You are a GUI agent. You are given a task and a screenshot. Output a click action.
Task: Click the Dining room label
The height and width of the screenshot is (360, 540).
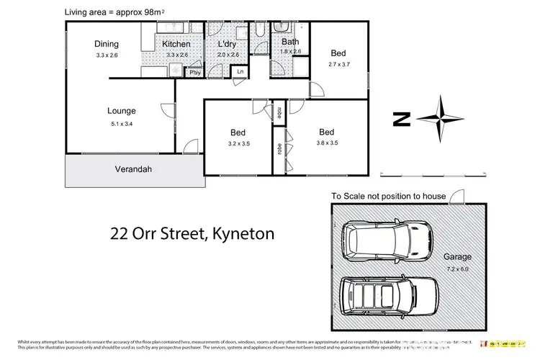106,43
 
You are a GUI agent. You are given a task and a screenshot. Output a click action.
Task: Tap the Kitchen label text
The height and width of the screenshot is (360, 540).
176,44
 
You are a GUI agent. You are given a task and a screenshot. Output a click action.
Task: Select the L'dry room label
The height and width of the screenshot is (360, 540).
228,44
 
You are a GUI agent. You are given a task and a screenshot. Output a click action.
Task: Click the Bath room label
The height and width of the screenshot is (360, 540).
289,41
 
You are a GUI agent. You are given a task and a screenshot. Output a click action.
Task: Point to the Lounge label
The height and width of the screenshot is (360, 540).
122,111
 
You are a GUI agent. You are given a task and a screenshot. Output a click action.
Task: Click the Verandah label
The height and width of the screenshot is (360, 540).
133,170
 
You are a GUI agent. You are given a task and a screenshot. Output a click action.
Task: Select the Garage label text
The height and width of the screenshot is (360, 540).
457,256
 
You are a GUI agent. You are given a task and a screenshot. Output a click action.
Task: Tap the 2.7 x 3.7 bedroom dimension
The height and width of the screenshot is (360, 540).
338,64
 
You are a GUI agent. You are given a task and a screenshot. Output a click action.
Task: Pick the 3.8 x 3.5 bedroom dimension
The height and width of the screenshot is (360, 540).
326,143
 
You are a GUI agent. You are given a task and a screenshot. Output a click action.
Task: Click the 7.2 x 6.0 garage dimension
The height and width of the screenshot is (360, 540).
457,268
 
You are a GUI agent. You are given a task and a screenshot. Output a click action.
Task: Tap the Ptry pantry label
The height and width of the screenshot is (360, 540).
194,72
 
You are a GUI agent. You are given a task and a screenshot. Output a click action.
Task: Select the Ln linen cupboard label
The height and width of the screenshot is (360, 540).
240,71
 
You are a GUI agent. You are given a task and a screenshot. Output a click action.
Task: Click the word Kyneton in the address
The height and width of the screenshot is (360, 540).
249,233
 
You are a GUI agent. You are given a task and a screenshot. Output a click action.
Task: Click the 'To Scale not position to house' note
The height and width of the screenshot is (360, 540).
389,196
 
